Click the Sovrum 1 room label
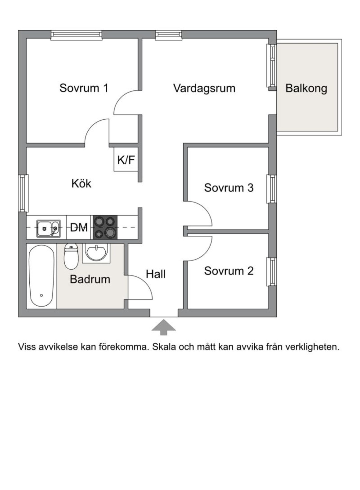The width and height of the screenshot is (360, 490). (84, 88)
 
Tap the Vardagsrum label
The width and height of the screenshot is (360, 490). (204, 88)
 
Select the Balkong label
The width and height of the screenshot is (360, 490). (306, 88)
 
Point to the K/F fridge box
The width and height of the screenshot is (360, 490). (126, 159)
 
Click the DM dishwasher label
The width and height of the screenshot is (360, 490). (79, 227)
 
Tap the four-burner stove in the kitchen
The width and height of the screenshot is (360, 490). (105, 227)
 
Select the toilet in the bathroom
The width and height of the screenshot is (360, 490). (71, 256)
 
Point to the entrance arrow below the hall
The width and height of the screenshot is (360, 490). (163, 327)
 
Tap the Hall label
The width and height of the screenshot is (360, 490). (156, 274)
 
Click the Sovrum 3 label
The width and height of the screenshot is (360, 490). (229, 188)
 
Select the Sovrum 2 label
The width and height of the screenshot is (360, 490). (229, 271)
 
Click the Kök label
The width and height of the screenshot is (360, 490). (81, 183)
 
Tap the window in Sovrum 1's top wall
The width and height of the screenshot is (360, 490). (76, 35)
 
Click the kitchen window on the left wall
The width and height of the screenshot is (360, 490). (23, 193)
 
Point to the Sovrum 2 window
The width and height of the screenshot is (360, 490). (271, 272)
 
